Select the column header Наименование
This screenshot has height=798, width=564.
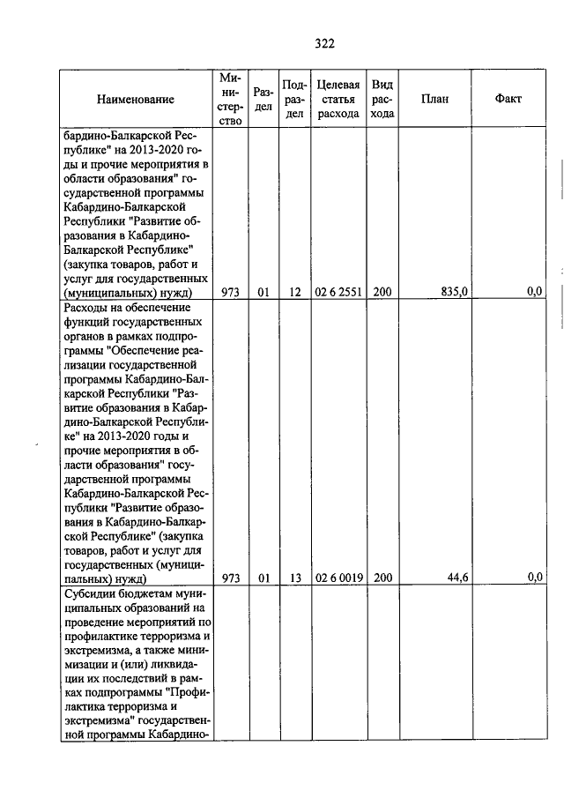point(136,100)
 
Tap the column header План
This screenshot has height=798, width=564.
point(434,99)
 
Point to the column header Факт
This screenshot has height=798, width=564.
point(508,99)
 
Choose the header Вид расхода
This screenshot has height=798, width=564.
point(382,99)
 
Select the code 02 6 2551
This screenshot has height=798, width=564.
point(338,292)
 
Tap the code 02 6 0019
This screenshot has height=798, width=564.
point(338,578)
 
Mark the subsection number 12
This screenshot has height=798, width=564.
point(295,292)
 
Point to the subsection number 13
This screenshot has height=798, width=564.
point(295,578)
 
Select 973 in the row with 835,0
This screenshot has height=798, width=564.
point(231,292)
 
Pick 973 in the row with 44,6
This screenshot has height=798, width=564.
point(231,578)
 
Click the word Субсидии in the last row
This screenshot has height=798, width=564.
point(89,593)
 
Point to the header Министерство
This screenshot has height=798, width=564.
point(231,99)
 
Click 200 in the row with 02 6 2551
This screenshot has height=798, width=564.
point(382,292)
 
